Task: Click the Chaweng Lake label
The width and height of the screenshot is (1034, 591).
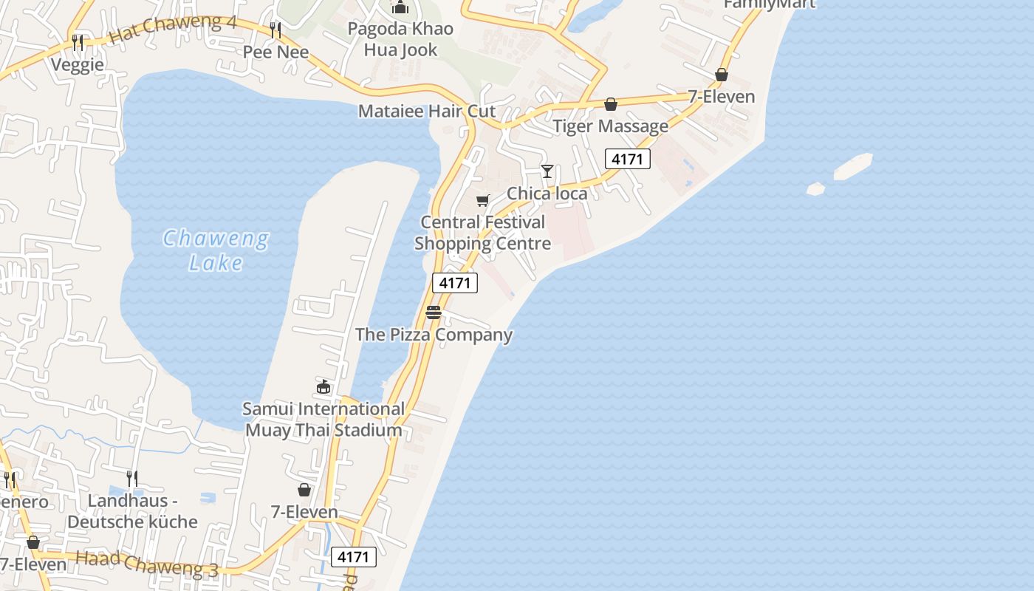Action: tap(215, 250)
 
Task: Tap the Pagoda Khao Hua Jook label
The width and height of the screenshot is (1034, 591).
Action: tap(401, 40)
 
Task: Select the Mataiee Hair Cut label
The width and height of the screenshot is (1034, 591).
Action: tap(426, 112)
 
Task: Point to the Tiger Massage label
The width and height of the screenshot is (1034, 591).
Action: tap(610, 126)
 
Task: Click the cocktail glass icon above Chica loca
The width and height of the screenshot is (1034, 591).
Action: tap(547, 171)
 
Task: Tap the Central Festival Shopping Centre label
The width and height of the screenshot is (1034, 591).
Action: tap(482, 233)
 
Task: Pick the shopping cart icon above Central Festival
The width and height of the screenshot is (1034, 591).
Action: tap(483, 200)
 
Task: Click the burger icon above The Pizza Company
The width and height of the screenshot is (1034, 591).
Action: tap(434, 312)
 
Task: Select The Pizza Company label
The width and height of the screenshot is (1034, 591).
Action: tap(434, 335)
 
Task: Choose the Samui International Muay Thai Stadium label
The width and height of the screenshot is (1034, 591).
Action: tap(323, 420)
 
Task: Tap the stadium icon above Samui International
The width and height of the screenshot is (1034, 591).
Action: tap(323, 386)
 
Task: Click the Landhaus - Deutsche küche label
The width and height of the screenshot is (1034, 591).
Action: tap(132, 511)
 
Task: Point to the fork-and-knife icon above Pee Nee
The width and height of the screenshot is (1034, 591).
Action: tap(275, 30)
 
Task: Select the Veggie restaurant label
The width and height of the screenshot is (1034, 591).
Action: tap(78, 65)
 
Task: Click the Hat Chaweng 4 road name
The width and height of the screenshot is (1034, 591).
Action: tap(172, 28)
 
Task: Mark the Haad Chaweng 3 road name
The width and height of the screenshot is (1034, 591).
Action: tap(147, 564)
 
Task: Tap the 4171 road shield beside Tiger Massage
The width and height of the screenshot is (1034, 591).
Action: tap(627, 159)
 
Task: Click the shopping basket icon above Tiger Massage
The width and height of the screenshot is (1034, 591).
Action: tap(611, 105)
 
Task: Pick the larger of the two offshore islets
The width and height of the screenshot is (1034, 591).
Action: tap(853, 166)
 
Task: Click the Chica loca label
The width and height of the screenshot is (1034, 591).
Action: tap(547, 194)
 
